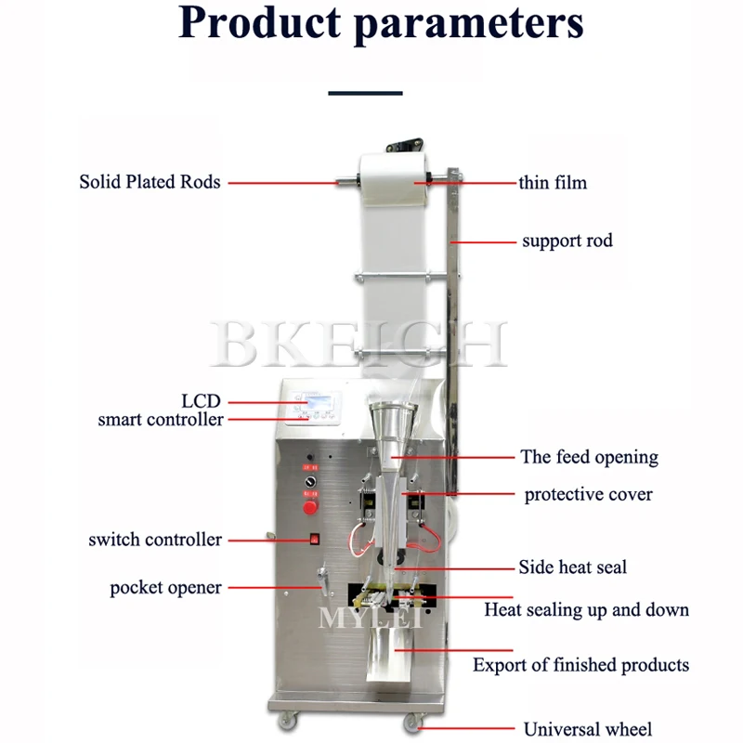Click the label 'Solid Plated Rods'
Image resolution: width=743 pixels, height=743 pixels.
150,182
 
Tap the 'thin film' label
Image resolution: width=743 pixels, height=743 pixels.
553,183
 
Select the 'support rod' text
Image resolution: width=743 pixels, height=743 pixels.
567,241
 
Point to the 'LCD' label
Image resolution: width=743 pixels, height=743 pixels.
201,401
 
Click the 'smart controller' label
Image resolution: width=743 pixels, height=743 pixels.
161,420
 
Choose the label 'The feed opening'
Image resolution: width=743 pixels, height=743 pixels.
589,457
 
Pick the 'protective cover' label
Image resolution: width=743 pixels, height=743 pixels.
588,494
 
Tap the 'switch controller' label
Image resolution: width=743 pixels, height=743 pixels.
155,540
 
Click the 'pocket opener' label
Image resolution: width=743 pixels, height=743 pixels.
165,588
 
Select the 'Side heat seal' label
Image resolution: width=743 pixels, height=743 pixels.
572,567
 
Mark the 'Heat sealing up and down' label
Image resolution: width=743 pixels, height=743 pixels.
586,610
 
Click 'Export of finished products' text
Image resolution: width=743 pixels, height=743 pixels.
580,665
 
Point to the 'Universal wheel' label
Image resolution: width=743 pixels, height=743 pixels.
588,729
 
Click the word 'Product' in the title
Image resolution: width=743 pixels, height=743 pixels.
260,24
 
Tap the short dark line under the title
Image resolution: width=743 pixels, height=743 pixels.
366,93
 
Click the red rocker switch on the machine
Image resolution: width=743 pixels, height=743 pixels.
314,538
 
